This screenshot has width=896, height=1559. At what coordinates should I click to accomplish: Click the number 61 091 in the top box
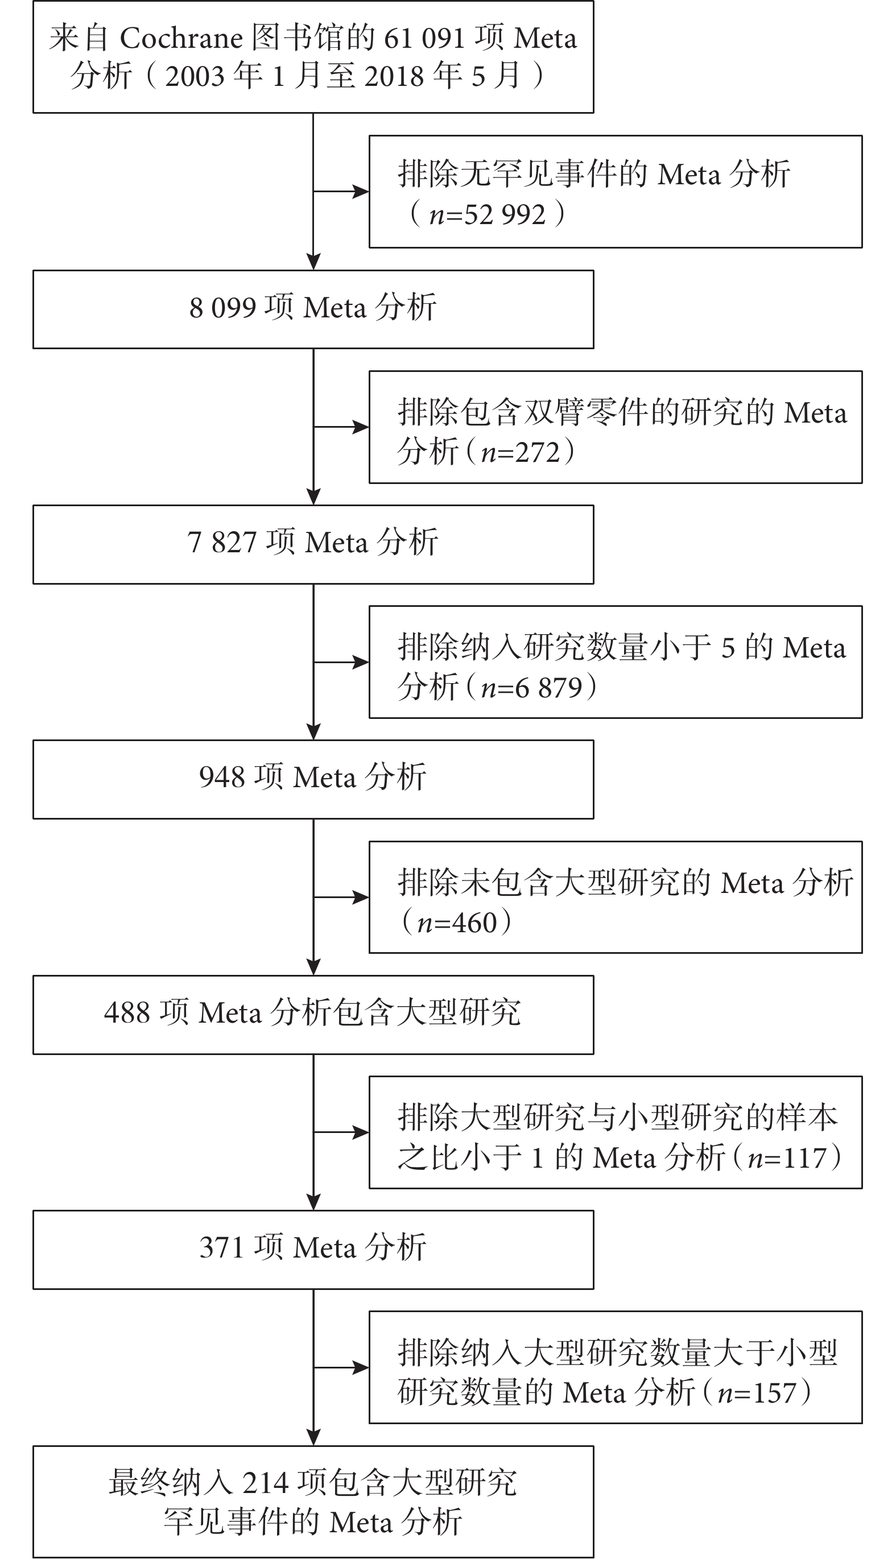(x=424, y=38)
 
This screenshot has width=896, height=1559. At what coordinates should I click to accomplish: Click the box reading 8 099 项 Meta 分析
(x=313, y=309)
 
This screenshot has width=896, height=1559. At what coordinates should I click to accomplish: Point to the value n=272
(x=521, y=452)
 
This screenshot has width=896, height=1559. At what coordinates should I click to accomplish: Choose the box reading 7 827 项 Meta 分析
(x=313, y=544)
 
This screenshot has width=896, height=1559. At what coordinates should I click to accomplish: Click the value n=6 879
(x=531, y=687)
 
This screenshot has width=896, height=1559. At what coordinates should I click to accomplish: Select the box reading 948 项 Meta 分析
(x=313, y=779)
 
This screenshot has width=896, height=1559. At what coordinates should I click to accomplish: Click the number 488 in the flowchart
(x=126, y=1012)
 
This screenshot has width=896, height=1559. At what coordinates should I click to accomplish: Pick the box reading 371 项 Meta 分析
(x=313, y=1250)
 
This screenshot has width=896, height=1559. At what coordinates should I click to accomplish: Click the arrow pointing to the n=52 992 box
(x=341, y=192)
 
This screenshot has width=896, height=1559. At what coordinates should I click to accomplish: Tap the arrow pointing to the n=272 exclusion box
(x=341, y=427)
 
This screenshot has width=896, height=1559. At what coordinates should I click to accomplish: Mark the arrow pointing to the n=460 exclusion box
(x=341, y=897)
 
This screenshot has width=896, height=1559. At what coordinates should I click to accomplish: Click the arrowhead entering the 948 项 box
(x=314, y=732)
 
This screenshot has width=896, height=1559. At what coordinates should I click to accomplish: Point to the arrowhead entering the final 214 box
(x=314, y=1438)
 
